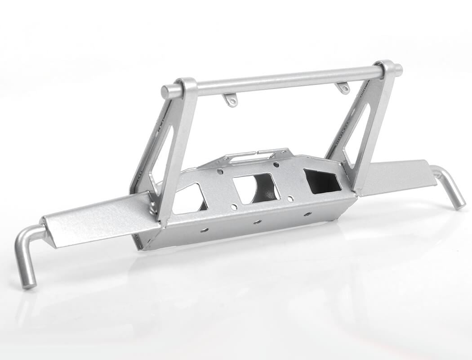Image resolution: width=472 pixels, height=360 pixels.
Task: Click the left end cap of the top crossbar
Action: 165,92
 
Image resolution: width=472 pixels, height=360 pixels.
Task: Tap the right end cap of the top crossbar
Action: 398,69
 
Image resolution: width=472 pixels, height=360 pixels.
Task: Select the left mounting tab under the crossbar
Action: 231,99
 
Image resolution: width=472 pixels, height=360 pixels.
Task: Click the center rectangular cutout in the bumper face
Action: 256,188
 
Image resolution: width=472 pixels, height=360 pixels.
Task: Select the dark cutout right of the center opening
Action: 322,181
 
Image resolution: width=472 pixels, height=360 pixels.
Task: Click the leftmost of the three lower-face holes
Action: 205,230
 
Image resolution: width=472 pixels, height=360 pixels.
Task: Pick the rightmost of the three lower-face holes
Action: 307,214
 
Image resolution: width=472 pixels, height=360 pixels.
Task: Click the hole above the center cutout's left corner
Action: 219,171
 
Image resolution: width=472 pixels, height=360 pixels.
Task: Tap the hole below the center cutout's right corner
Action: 290,198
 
